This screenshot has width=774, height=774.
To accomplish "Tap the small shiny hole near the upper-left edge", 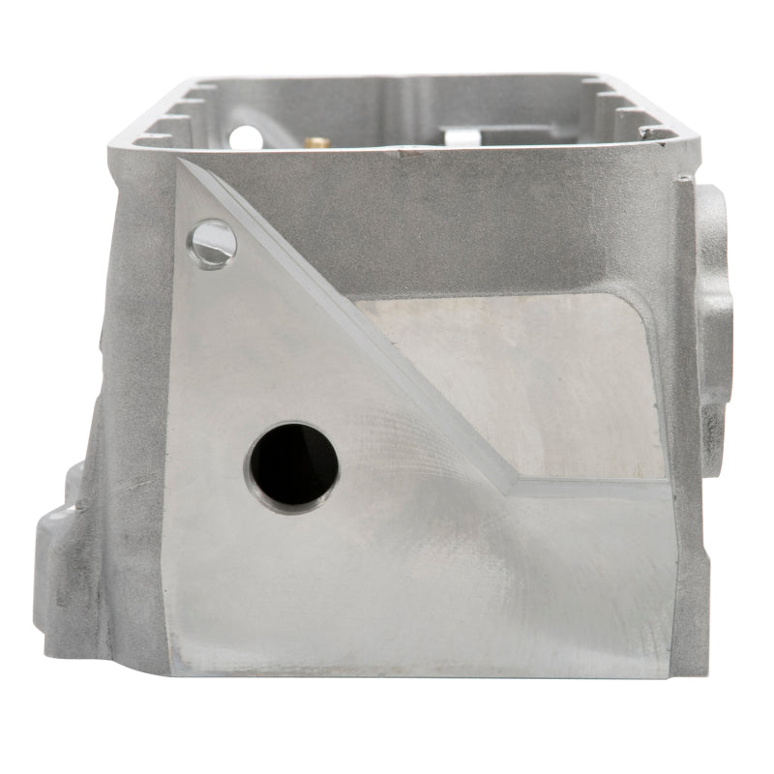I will pos(213,239).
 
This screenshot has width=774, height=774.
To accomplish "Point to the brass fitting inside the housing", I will pos(313,141).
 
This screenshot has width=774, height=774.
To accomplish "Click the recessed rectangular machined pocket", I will pos(522,377).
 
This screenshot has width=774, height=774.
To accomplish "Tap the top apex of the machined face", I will pos(180,161).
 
